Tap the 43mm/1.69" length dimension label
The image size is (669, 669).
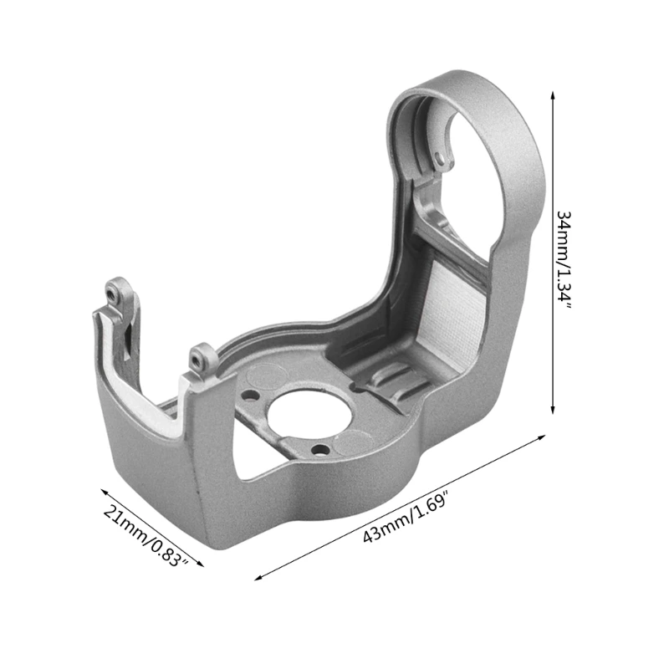406,518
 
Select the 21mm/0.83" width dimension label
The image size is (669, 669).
146,536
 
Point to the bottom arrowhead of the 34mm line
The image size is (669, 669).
553,409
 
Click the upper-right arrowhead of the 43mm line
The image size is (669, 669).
541,437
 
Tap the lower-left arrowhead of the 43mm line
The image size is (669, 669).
259,577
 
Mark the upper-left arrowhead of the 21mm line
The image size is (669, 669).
105,492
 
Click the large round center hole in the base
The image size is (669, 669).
309,413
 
